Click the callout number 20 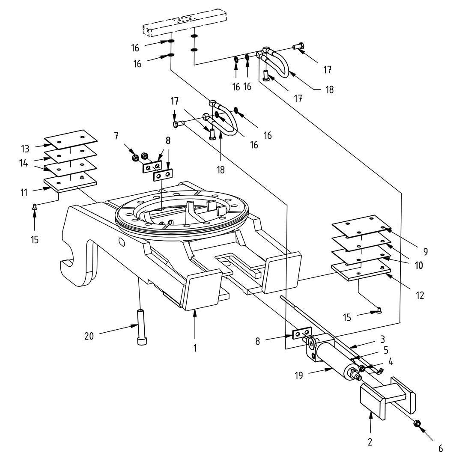click(89, 336)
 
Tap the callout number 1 click(195, 348)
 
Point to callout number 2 click(370, 442)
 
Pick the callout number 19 click(298, 376)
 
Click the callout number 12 click(420, 295)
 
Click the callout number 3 click(383, 340)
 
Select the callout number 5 click(386, 350)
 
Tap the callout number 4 click(391, 362)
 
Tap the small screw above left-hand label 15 click(35, 207)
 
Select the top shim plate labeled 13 click(71, 137)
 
